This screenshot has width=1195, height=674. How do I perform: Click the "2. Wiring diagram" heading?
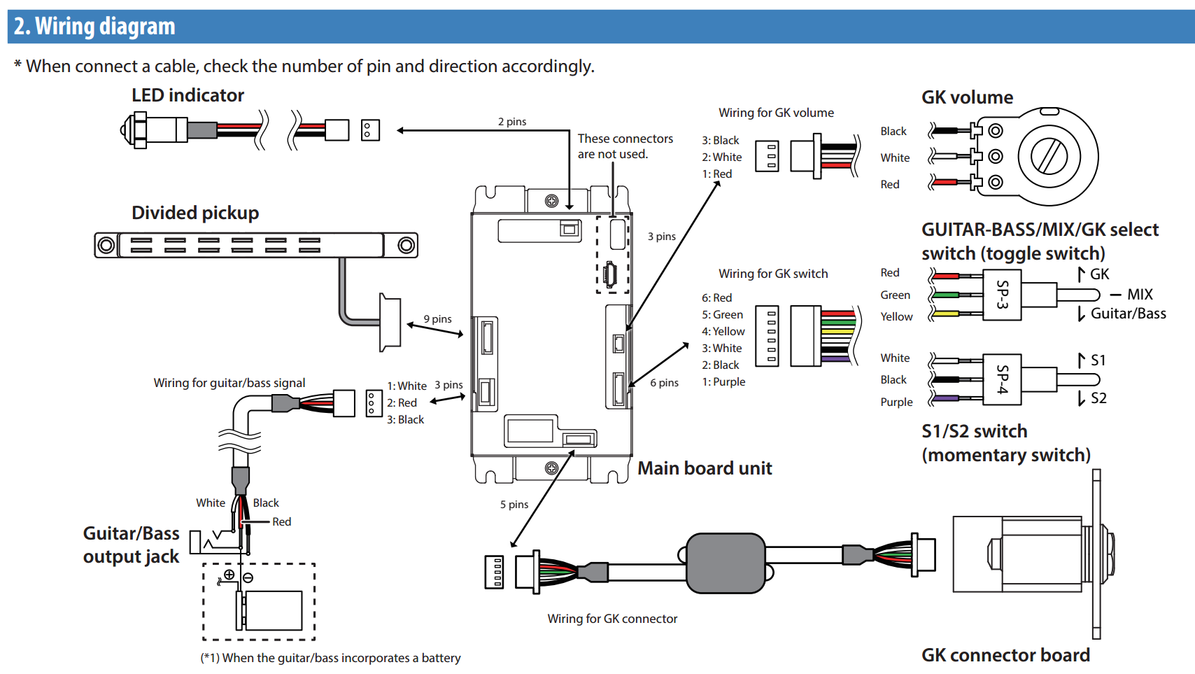pos(94,26)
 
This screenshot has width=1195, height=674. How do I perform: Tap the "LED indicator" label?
pos(188,95)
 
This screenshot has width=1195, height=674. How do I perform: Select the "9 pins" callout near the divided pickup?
pos(437,318)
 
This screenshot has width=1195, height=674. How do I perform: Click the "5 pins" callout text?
pos(514,505)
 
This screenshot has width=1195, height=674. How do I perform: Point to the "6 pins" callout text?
pos(664,383)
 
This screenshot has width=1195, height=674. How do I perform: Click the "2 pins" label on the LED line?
pos(512,122)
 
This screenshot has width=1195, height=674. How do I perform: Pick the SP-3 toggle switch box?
pos(1002,295)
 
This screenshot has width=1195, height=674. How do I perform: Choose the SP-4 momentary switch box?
pos(1002,379)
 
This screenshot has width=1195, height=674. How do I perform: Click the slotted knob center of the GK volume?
pos(1049,156)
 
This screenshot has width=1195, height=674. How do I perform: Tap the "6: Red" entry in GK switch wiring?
pos(717,297)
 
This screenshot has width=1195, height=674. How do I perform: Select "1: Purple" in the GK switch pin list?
pos(723,381)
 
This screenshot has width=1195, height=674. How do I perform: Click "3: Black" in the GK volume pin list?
pos(720,141)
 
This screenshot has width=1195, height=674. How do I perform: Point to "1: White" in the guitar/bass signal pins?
pos(406,386)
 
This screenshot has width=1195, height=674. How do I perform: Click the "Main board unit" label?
pos(705,468)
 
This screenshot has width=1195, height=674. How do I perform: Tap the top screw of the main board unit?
pos(551,201)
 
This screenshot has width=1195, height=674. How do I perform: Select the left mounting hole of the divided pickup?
pos(106,246)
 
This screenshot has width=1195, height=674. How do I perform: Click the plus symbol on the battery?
pos(229,574)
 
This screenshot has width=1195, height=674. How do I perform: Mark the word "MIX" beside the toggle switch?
pos(1140,295)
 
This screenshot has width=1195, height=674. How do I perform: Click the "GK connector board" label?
pos(1005,655)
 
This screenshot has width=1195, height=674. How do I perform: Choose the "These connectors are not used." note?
pos(625,146)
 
